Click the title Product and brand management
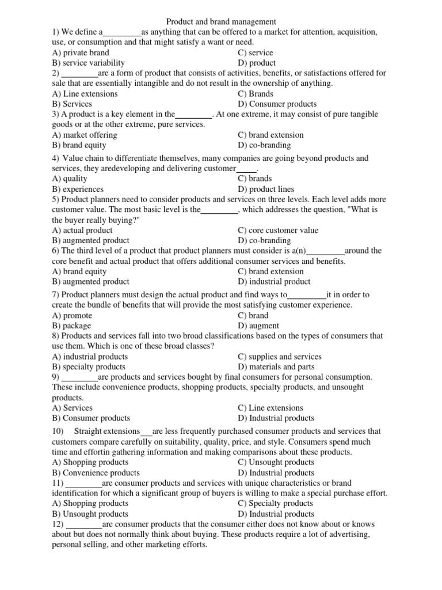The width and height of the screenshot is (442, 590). pos(220,22)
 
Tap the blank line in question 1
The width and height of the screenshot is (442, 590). pos(122,32)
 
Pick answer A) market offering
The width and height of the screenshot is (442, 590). pos(84,135)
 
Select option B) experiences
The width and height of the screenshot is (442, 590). pos(78,189)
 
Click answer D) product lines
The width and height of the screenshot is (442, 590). pos(265,189)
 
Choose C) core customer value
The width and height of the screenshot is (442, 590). pos(277,230)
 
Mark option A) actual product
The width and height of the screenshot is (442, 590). pos(82,230)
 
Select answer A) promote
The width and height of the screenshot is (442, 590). pos(72,315)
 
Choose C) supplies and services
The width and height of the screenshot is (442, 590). pos(279,357)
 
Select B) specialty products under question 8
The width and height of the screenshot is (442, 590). pos(88,366)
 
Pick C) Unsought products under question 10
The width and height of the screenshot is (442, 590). pos(276,462)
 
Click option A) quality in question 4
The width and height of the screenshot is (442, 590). pos(70,179)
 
